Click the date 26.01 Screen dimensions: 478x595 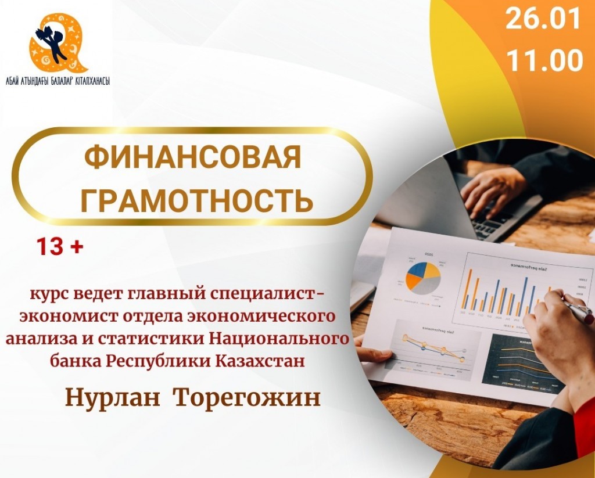click(x=543, y=19)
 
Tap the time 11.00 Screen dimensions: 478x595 click(x=544, y=60)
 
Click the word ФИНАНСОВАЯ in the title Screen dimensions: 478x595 click(x=193, y=156)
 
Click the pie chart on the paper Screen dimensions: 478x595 click(x=423, y=278)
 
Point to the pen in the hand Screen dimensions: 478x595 click(x=578, y=311)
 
